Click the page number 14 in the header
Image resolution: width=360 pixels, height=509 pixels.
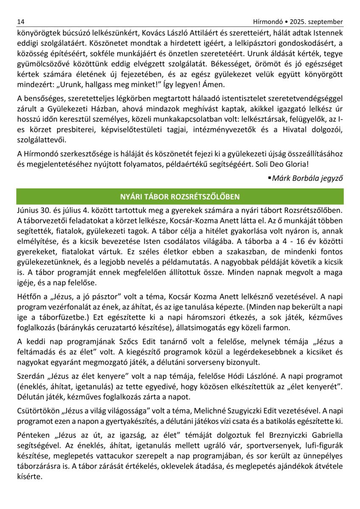point(21,22)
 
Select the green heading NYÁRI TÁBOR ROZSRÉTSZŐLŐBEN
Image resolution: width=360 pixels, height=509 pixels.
point(180,197)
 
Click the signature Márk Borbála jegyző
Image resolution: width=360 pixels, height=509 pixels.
point(307,178)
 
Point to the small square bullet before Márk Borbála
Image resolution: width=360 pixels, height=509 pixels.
point(269,177)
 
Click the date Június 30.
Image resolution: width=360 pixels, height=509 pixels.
point(33,210)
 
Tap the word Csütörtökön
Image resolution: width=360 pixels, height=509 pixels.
point(39,411)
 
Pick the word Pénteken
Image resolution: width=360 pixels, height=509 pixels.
point(32,436)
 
